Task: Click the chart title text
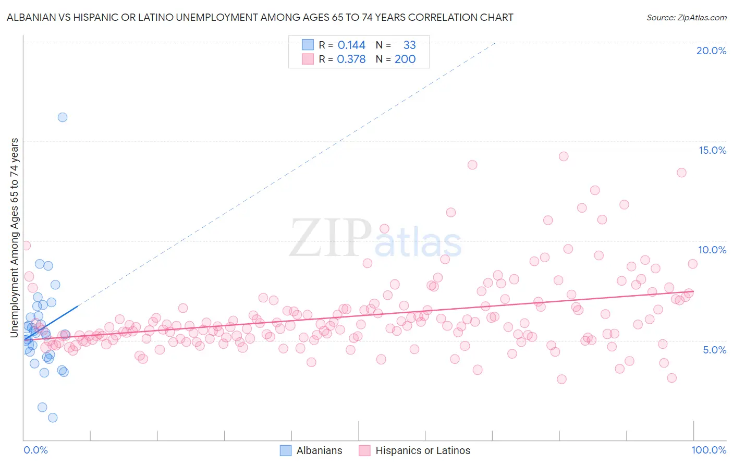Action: coord(260,17)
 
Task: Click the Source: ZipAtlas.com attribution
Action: coord(686,17)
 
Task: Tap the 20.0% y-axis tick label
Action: coord(711,51)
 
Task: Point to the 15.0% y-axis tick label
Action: coord(712,150)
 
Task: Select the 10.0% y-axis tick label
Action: coord(712,250)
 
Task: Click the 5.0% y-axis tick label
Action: coord(714,350)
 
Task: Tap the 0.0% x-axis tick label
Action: coord(35,450)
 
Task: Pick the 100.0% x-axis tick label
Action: coord(708,450)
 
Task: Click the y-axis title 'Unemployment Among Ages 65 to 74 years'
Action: coord(15,238)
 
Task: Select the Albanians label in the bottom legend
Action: coord(319,450)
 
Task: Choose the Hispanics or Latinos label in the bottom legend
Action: coord(422,450)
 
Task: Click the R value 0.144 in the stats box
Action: coord(351,45)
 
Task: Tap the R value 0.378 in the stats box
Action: coord(351,59)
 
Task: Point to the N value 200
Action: coord(405,59)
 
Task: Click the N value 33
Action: coord(409,45)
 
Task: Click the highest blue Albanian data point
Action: coord(63,117)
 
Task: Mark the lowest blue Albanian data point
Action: coord(53,418)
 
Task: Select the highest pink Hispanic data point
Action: coord(564,156)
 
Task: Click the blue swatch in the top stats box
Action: coord(308,45)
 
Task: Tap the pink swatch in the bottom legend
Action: coord(364,450)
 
